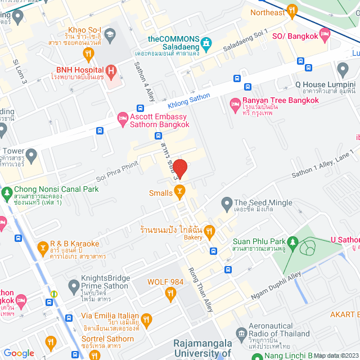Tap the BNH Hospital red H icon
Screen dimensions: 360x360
coord(111,71)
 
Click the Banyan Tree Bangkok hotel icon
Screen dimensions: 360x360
coord(234,105)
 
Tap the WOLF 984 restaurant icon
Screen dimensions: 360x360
coord(170,292)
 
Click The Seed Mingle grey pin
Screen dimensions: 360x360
coord(227,202)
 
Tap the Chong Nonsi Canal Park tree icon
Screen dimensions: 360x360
coord(7,193)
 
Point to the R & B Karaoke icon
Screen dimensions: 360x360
coord(42,247)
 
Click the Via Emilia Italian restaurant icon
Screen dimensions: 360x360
coord(146,321)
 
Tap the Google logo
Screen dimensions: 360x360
coord(19,353)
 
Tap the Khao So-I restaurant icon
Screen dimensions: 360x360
coord(88,54)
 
